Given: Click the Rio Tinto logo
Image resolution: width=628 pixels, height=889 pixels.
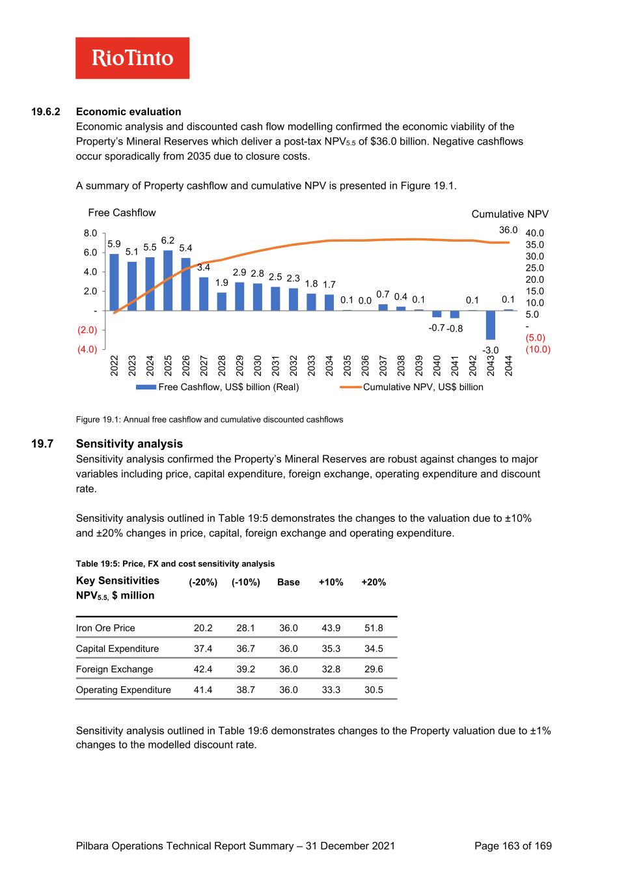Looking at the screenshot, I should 132,58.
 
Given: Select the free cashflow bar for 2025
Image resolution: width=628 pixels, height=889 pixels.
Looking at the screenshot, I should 168,280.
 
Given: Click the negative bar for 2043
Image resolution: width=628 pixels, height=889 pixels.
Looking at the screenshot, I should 490,324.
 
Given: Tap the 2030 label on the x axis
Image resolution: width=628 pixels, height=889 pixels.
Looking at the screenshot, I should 258,365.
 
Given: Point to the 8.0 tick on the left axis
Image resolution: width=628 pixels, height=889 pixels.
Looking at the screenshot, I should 90,233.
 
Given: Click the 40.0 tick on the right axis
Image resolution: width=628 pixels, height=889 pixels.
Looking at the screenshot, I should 534,233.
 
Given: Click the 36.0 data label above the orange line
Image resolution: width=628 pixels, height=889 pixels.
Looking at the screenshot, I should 508,230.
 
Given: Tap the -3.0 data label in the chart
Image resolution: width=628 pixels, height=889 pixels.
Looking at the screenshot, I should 490,350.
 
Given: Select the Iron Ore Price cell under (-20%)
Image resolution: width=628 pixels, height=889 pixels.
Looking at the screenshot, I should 203,628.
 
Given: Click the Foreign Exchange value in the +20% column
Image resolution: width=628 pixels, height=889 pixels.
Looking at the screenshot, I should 374,669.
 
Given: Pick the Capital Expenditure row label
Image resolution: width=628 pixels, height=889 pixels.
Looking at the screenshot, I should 117,649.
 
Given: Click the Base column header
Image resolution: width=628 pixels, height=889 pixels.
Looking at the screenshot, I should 288,582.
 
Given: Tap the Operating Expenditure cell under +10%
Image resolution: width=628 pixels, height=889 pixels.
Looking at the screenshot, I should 331,690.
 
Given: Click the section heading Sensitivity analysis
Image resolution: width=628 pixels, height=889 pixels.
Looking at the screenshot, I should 130,444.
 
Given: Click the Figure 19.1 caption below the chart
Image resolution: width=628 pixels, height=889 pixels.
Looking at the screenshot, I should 209,419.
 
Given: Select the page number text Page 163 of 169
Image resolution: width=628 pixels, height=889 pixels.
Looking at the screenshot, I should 513,845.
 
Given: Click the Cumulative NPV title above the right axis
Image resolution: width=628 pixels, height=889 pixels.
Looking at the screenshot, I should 510,214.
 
